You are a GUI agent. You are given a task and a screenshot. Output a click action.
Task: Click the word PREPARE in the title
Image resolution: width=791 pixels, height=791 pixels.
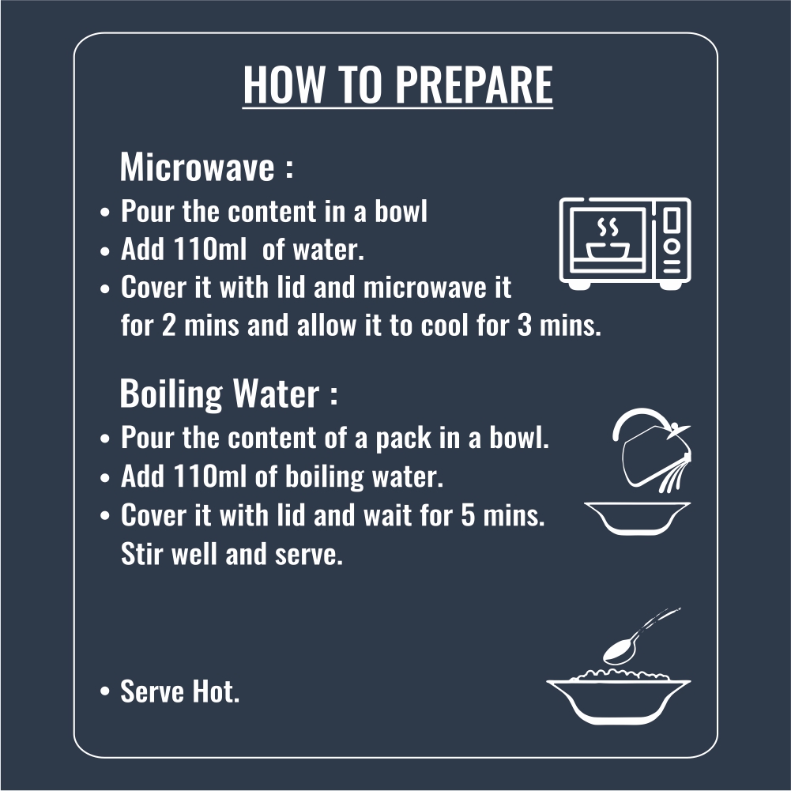[474, 85]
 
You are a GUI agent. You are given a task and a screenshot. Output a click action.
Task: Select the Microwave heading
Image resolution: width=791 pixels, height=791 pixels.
[206, 167]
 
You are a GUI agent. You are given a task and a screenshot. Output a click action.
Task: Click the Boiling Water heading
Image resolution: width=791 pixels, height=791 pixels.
[228, 394]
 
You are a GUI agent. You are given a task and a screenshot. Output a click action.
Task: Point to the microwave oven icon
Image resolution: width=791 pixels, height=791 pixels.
[625, 243]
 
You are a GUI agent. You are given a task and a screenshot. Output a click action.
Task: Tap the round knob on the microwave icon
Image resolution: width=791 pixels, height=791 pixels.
[672, 247]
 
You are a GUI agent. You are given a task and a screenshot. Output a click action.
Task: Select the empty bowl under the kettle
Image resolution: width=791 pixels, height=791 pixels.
[637, 518]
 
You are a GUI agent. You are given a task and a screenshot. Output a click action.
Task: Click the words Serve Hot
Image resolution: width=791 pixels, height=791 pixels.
[179, 691]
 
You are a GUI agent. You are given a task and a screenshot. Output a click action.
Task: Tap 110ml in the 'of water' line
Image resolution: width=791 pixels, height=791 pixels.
[210, 249]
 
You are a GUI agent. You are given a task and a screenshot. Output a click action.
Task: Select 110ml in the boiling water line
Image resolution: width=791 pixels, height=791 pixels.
[210, 476]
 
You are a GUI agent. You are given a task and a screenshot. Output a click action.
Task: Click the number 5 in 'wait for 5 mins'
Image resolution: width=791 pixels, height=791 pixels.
[468, 515]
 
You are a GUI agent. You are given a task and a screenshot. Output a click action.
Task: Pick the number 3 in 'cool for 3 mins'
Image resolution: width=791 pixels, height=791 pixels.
[525, 325]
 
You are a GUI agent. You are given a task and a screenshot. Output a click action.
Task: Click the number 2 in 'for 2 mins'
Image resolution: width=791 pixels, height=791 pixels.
[169, 325]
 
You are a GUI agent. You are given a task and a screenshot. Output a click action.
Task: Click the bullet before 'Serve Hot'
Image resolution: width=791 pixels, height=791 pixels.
[104, 691]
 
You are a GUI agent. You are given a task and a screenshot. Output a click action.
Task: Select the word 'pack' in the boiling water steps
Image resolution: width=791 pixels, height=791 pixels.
[403, 438]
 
